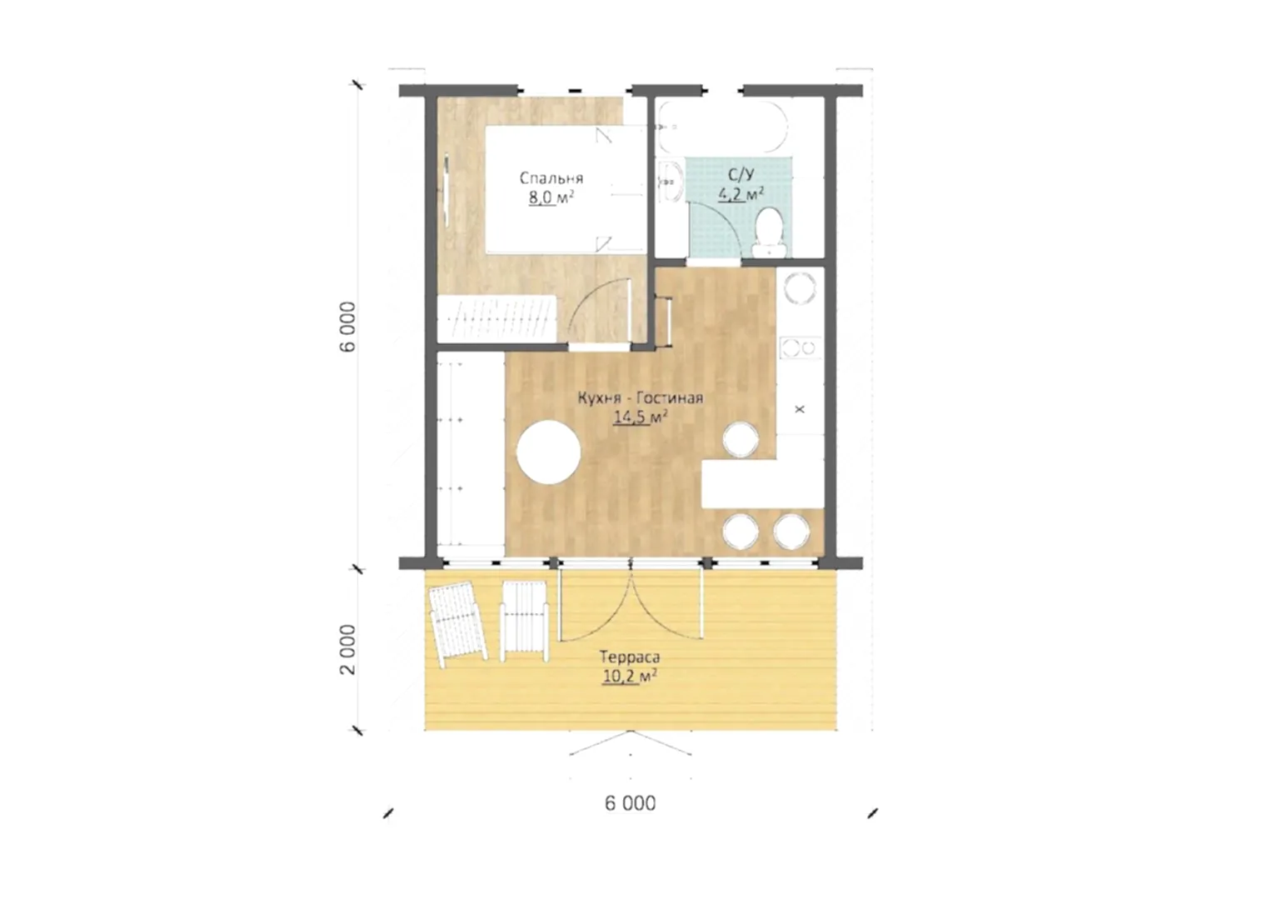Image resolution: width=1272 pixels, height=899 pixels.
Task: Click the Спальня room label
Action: pos(551,178)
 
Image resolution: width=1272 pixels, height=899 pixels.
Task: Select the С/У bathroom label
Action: pos(741,174)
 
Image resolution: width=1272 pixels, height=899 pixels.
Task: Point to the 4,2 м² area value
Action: pos(741,194)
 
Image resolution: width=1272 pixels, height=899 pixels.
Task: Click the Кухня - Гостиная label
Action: pos(641,397)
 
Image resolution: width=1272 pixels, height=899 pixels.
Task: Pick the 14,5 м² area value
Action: pos(641,417)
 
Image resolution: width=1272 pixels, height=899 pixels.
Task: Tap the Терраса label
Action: pos(631,657)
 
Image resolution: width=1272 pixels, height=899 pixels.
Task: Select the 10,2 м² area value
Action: pos(631,677)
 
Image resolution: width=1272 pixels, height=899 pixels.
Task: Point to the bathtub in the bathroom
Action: pos(721,127)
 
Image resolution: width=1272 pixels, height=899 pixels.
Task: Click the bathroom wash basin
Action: pos(671,181)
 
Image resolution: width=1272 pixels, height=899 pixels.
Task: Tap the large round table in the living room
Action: pos(549,452)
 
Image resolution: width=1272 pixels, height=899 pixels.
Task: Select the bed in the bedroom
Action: pos(566,190)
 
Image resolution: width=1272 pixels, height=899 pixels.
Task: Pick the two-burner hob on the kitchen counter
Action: pos(801,347)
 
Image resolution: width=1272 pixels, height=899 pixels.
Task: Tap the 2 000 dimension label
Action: pos(347,650)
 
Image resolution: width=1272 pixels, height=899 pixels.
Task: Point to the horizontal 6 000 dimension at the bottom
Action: pos(631,803)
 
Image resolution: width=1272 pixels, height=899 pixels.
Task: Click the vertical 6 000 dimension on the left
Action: pos(347,327)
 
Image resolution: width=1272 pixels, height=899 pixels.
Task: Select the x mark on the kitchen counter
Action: pos(801,409)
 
